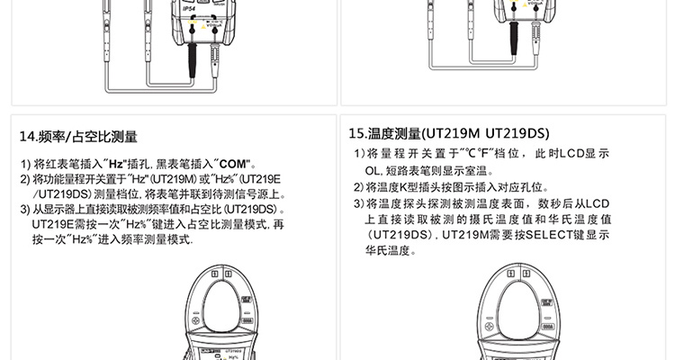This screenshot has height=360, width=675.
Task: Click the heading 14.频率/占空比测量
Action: coord(78,137)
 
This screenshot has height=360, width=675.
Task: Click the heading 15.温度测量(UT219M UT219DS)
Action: coord(450,134)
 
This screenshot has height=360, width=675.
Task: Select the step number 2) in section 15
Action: coord(359,188)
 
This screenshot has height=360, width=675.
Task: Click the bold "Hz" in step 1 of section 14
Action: coord(112,165)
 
